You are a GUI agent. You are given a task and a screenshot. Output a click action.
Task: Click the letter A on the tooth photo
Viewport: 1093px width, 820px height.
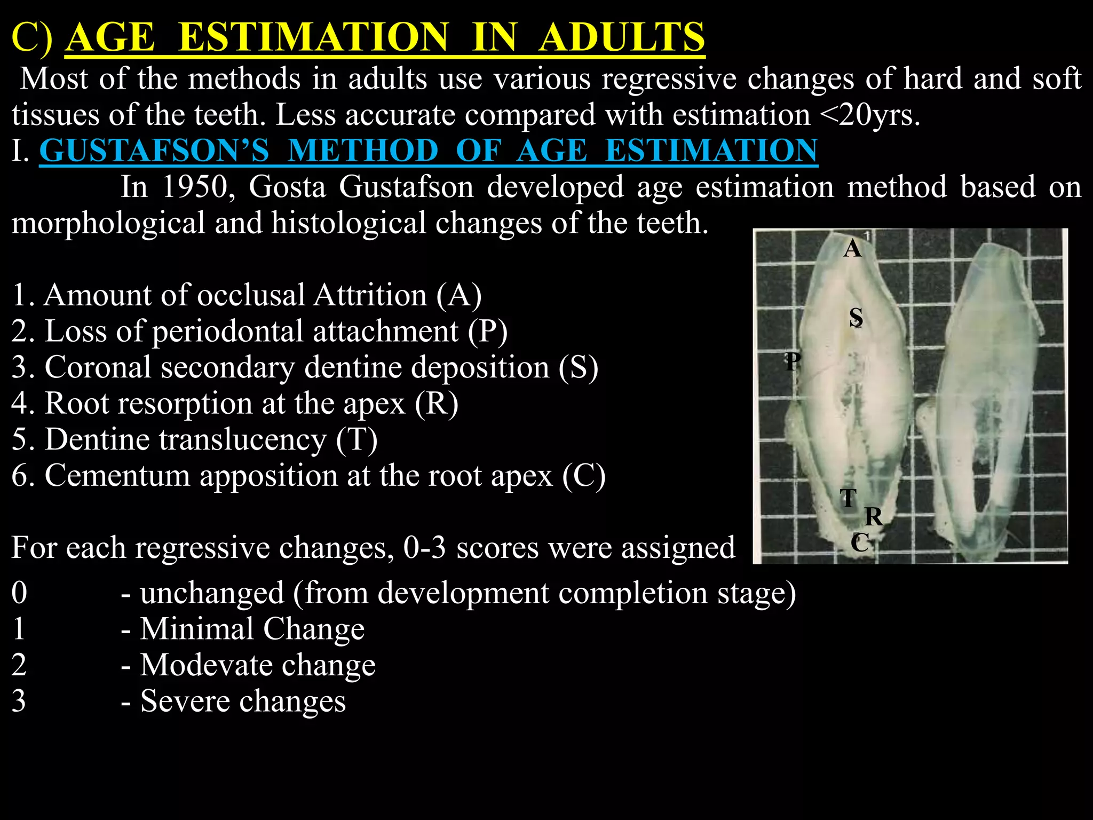point(852,249)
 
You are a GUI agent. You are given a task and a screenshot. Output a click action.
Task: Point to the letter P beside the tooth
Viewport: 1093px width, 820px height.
point(793,361)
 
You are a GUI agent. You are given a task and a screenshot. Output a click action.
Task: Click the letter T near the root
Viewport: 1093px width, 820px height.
point(848,498)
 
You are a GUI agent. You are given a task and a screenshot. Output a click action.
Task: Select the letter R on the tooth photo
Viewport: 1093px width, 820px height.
point(874,517)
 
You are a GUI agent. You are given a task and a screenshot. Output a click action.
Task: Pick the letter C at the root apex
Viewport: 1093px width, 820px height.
point(860,543)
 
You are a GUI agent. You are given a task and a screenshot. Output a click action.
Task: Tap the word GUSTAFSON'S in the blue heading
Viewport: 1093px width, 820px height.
point(154,151)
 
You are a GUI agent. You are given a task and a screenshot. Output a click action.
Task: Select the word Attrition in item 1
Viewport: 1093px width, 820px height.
point(370,295)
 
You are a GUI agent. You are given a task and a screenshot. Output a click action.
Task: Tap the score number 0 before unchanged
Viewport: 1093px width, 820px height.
point(19,593)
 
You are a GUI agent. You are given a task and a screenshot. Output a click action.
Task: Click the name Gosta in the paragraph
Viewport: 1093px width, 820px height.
point(287,187)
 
